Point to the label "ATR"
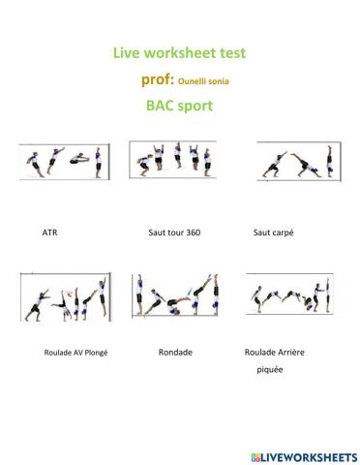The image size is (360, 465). coord(50,233)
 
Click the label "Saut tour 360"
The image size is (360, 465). coord(174,233)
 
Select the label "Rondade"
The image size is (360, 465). coord(175,352)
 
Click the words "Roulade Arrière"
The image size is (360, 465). coord(275,352)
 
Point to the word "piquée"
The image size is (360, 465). coord(270,370)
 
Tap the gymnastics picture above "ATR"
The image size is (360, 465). coord(62,161)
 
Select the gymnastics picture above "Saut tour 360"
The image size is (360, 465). coord(175,159)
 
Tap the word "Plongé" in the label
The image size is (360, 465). coord(94,353)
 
